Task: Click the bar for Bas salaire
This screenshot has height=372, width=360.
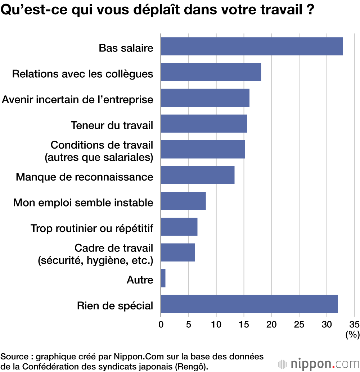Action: (x=252, y=46)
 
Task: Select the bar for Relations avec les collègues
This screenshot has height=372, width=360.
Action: (x=211, y=72)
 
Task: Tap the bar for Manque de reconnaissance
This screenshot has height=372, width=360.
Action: (x=198, y=175)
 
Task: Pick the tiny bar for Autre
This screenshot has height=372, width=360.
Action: (x=163, y=278)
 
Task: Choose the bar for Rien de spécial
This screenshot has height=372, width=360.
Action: (x=249, y=304)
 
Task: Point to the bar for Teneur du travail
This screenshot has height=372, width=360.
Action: (x=204, y=124)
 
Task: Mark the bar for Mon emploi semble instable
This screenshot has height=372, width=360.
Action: (x=183, y=201)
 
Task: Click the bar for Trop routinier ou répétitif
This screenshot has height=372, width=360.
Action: (x=179, y=227)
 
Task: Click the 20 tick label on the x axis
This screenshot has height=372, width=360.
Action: (x=271, y=323)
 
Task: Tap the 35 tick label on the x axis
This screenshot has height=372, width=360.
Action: (x=354, y=323)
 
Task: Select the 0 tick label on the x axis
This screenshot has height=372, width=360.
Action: (x=161, y=323)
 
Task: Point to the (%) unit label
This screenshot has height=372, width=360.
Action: (x=352, y=335)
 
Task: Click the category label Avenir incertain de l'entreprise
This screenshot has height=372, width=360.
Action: (x=78, y=99)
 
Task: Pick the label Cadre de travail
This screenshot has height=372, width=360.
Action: (x=113, y=248)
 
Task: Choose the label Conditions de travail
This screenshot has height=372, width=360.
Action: (x=102, y=145)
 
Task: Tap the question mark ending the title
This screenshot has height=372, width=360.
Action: (x=309, y=10)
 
